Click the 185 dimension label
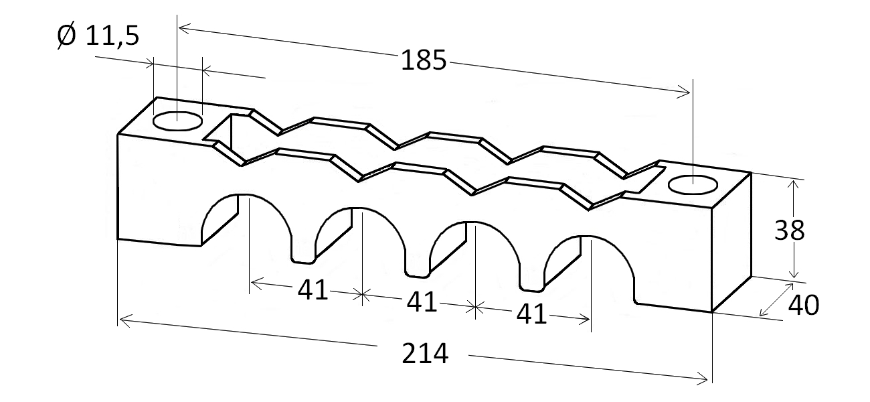[x=424, y=61]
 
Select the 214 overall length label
[x=425, y=354]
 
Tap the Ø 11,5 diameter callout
[x=98, y=36]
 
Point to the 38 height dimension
[x=790, y=230]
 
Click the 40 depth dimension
[x=804, y=306]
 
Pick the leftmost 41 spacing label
[x=313, y=290]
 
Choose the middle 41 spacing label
[x=422, y=303]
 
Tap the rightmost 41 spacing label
[x=532, y=314]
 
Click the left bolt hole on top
[x=177, y=121]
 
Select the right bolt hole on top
[x=693, y=184]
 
